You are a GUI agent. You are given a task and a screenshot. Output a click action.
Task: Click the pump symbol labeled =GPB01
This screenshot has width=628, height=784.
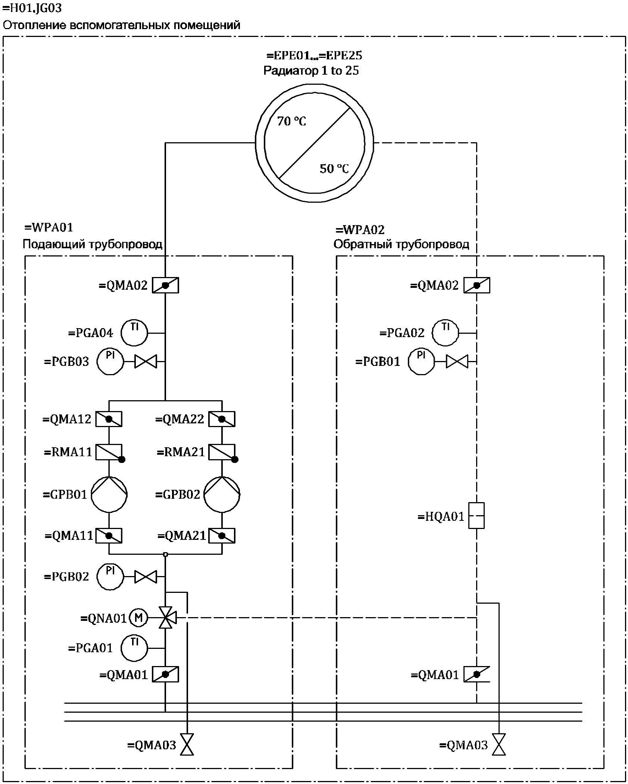click(x=109, y=494)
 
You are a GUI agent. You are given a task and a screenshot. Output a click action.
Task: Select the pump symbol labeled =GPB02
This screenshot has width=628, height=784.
click(x=222, y=494)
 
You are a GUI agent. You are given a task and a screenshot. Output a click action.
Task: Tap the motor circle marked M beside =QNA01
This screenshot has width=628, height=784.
click(x=138, y=618)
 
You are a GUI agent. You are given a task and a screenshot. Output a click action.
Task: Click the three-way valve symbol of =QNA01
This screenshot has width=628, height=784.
click(x=166, y=618)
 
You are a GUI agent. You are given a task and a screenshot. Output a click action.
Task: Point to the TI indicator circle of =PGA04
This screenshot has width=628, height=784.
click(x=134, y=332)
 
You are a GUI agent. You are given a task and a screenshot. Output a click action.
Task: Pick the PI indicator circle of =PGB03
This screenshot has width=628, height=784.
click(x=110, y=361)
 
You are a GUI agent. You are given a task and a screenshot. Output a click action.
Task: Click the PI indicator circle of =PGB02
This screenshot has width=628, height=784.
click(x=110, y=576)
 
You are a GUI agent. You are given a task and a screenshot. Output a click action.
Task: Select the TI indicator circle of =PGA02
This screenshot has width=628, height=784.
click(x=446, y=332)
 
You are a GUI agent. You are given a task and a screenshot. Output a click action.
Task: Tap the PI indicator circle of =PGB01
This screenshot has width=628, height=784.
click(x=421, y=361)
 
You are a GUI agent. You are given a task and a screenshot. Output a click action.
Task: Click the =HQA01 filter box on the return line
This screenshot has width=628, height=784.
click(x=477, y=516)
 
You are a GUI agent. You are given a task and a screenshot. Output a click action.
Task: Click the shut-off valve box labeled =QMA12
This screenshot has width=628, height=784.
click(x=109, y=419)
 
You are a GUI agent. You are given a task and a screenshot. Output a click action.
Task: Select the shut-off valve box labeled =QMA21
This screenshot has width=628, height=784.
click(x=222, y=536)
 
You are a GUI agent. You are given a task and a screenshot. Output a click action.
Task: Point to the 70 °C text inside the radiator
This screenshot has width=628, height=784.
click(x=291, y=121)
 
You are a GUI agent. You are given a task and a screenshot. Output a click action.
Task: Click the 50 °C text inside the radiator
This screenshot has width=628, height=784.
click(x=334, y=169)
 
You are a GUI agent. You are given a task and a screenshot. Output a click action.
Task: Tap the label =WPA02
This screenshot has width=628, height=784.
click(x=360, y=230)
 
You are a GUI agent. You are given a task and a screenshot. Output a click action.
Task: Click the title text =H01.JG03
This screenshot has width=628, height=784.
click(x=32, y=8)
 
